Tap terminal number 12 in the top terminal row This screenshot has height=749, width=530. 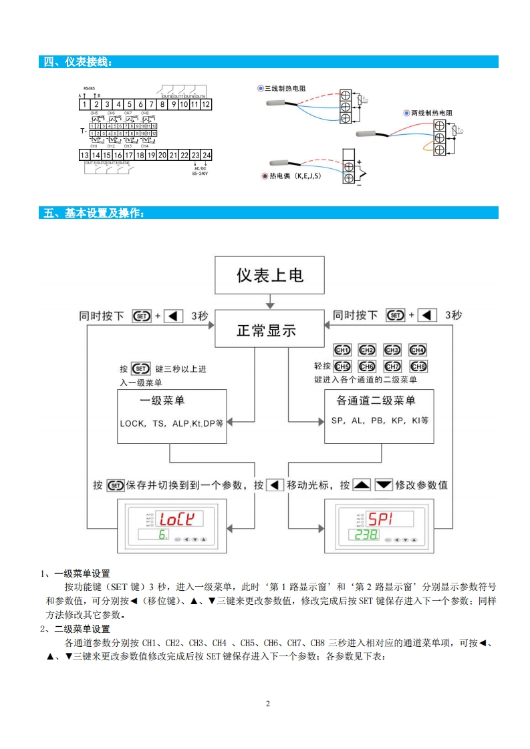click(206, 104)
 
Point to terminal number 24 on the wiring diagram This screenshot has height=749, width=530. click(207, 155)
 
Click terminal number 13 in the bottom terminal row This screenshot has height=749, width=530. click(85, 155)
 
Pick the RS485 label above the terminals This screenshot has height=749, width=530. click(89, 88)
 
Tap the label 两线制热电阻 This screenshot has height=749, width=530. click(431, 113)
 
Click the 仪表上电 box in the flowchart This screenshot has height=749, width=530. click(270, 275)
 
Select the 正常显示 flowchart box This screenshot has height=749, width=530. click(267, 330)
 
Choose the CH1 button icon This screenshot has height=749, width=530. click(342, 350)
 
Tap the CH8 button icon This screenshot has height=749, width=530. click(418, 366)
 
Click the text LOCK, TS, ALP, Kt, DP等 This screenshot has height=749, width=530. click(171, 423)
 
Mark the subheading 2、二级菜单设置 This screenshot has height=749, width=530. click(75, 629)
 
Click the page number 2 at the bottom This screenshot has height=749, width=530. click(267, 704)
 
